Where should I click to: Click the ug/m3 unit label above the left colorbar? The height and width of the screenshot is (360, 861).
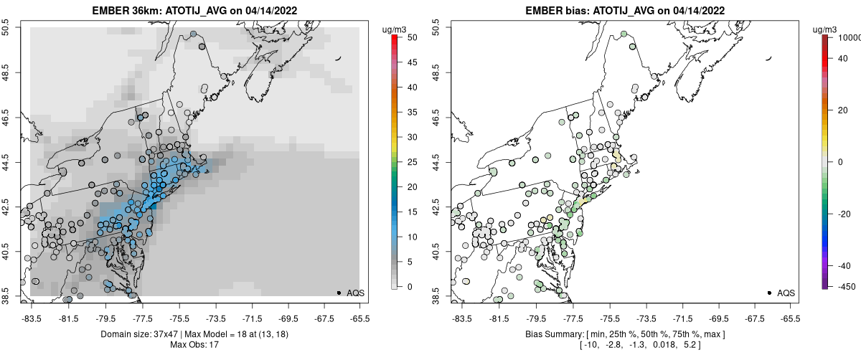pos(395,29)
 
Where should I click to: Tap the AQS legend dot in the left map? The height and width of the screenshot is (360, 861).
pos(339,293)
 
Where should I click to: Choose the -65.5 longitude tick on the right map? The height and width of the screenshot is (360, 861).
pos(789,317)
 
